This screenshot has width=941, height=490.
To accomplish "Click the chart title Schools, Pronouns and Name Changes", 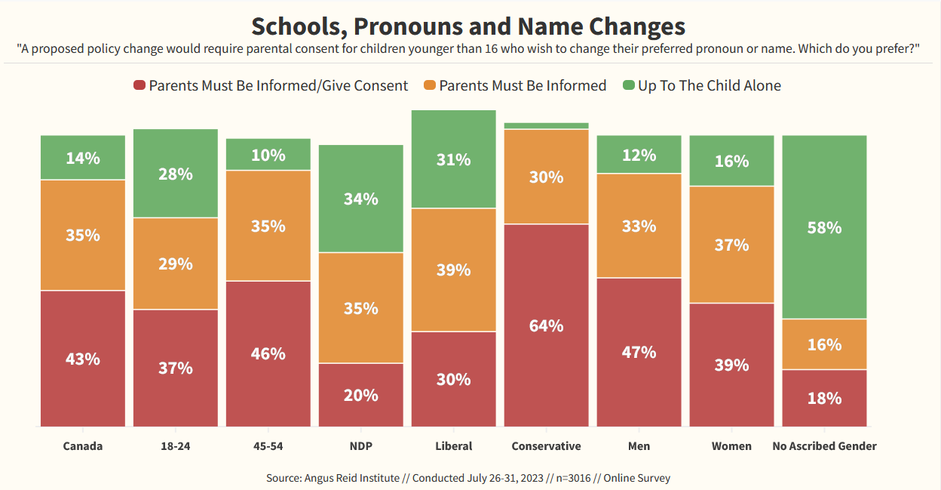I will click(x=467, y=26).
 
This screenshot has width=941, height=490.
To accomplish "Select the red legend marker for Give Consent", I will click(x=139, y=85).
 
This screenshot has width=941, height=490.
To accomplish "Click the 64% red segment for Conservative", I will click(x=546, y=325).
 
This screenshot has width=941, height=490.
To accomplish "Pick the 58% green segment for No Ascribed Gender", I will click(x=824, y=227).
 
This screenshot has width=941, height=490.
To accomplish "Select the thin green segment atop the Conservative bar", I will click(x=546, y=125).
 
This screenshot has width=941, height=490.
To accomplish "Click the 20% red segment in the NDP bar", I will click(x=360, y=395).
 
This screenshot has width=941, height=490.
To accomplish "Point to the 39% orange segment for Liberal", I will click(x=453, y=270).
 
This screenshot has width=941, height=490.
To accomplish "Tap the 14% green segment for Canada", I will click(x=83, y=158).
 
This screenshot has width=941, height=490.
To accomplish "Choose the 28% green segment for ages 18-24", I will click(x=176, y=174).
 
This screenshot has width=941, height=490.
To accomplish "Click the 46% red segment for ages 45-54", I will click(x=268, y=353).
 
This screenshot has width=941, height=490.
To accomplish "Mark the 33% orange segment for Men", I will click(x=639, y=226).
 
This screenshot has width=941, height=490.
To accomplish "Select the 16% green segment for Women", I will click(x=731, y=161).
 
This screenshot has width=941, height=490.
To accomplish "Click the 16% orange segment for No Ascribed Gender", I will click(x=824, y=344).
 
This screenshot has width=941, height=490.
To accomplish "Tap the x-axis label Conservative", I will click(x=546, y=446).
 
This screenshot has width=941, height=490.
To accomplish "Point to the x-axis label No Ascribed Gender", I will click(x=824, y=446).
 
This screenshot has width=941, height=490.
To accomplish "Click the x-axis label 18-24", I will click(x=176, y=446).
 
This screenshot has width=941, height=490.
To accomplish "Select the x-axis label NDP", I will click(x=360, y=446).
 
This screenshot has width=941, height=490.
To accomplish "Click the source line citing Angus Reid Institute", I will click(x=467, y=478).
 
